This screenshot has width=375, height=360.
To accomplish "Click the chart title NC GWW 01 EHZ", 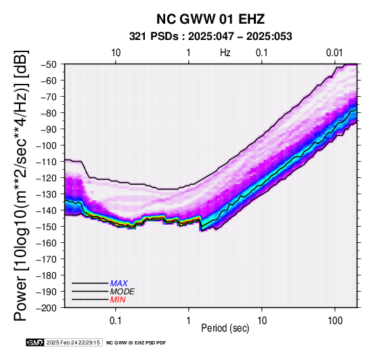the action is pyautogui.click(x=211, y=19).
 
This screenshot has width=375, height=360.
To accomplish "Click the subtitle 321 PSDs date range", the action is pyautogui.click(x=211, y=37).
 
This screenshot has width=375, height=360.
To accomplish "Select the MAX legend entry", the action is pyautogui.click(x=118, y=284).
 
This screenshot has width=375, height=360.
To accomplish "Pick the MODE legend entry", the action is pyautogui.click(x=123, y=292).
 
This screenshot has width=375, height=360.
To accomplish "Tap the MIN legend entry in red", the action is pyautogui.click(x=118, y=300).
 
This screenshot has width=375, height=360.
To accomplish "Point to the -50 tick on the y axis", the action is pyautogui.click(x=49, y=64).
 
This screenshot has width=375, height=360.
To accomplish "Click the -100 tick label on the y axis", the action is pyautogui.click(x=47, y=145).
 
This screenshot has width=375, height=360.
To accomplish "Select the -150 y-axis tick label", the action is pyautogui.click(x=47, y=227).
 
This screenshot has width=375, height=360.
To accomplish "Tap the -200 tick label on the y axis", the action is pyautogui.click(x=47, y=308).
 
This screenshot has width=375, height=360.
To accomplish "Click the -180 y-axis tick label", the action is pyautogui.click(x=47, y=275).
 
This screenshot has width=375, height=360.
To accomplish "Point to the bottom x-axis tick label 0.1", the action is pyautogui.click(x=116, y=321).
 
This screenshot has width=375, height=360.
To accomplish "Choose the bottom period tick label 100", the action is pyautogui.click(x=335, y=321).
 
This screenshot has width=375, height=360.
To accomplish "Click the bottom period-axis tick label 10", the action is pyautogui.click(x=262, y=321).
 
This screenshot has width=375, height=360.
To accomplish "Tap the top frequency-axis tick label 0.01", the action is pyautogui.click(x=334, y=53).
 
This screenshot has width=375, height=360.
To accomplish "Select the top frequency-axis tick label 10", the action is pyautogui.click(x=116, y=53).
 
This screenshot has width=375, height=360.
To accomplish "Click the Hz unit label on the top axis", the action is pyautogui.click(x=225, y=53).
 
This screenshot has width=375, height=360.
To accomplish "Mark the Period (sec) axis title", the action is pyautogui.click(x=225, y=328).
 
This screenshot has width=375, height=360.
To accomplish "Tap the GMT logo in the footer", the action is pyautogui.click(x=35, y=342).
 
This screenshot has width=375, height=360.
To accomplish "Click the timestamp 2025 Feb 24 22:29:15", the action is pyautogui.click(x=73, y=342).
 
